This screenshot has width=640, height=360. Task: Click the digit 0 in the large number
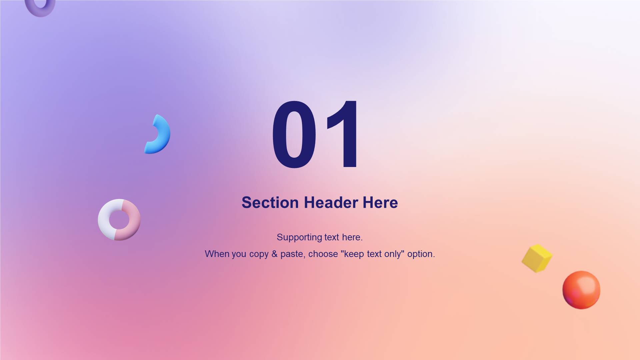[294, 134]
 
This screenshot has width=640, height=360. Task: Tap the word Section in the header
[270, 203]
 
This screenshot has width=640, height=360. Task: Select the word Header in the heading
[331, 203]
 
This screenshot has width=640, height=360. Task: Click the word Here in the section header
[380, 203]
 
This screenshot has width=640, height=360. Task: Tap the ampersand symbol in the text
[274, 254]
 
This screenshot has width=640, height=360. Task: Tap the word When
[217, 254]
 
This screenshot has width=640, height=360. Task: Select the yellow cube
[537, 258]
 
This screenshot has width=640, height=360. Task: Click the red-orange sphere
[581, 290]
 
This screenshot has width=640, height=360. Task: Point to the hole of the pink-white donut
[119, 220]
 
